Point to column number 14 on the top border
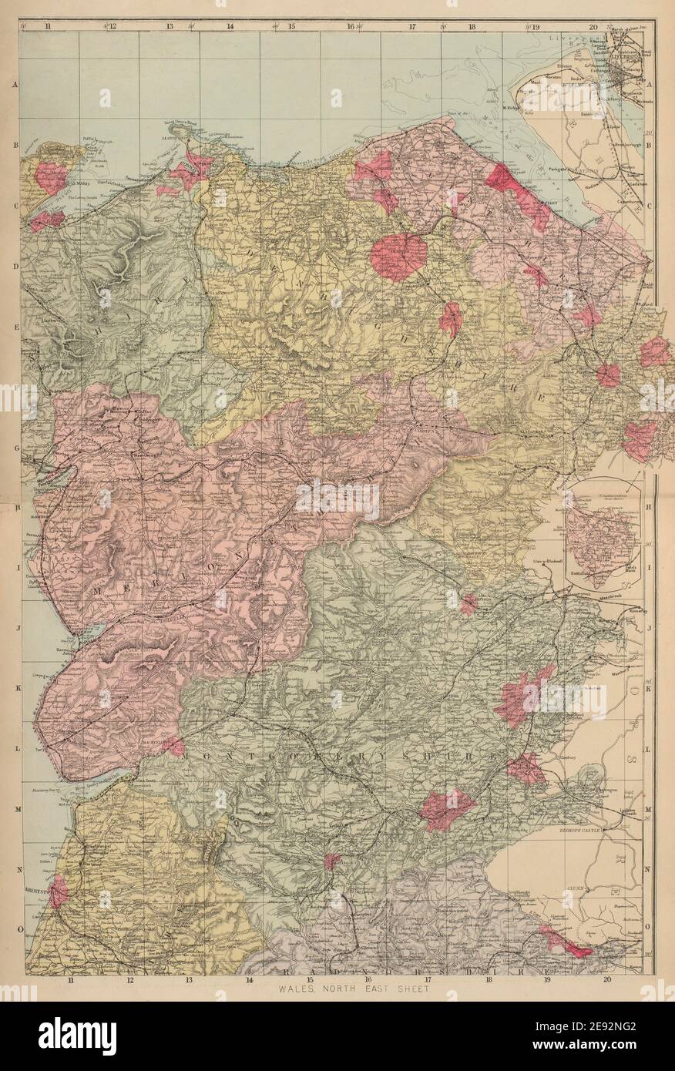(x=230, y=26)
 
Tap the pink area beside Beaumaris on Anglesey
(x=51, y=176)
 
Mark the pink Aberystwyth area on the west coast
(x=58, y=891)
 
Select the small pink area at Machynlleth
(x=174, y=746)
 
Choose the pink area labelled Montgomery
(x=526, y=768)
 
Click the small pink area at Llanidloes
(x=332, y=861)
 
